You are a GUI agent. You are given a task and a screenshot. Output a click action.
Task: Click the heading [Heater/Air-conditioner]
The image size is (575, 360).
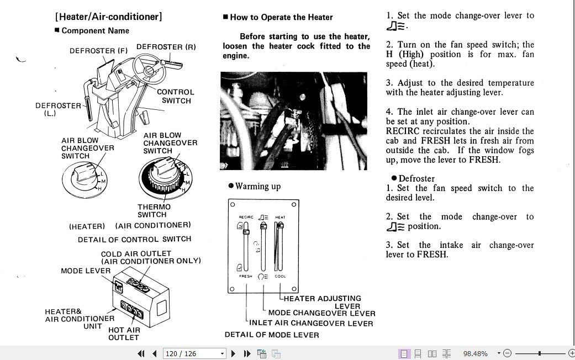pos(108,17)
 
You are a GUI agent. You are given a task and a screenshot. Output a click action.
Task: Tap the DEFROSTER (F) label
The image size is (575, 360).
pos(98,51)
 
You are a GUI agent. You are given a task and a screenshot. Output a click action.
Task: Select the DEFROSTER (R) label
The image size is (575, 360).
pos(166,47)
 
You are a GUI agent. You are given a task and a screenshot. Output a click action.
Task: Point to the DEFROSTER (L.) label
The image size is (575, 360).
pos(58,109)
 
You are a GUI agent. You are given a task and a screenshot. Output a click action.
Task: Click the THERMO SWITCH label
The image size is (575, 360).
pos(154,211)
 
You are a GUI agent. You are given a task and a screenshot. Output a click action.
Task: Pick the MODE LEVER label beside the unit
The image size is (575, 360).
pos(86,271)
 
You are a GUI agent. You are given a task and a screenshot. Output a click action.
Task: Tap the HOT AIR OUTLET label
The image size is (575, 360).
pos(124,333)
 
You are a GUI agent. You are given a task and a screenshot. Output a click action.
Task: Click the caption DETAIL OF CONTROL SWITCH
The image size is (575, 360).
pos(134,240)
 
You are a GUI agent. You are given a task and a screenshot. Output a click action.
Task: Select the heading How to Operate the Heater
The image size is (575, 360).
pos(281,17)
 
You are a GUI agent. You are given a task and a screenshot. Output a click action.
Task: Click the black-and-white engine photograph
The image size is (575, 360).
pos(293,120)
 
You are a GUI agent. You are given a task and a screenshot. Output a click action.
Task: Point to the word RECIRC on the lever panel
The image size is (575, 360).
pos(246,218)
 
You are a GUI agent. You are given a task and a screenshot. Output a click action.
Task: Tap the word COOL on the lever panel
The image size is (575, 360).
pos(280,276)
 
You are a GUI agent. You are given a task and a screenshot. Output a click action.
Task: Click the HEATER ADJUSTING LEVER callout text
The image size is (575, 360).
pos(323,302)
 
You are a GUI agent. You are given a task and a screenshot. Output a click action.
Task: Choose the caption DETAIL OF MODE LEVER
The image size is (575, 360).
pos(272,335)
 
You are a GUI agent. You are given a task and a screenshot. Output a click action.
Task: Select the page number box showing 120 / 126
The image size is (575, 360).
pos(195,353)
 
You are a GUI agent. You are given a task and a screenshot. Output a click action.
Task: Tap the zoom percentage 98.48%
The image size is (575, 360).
pos(475,353)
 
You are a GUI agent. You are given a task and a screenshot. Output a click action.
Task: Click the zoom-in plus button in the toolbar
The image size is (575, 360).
pos(571,353)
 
